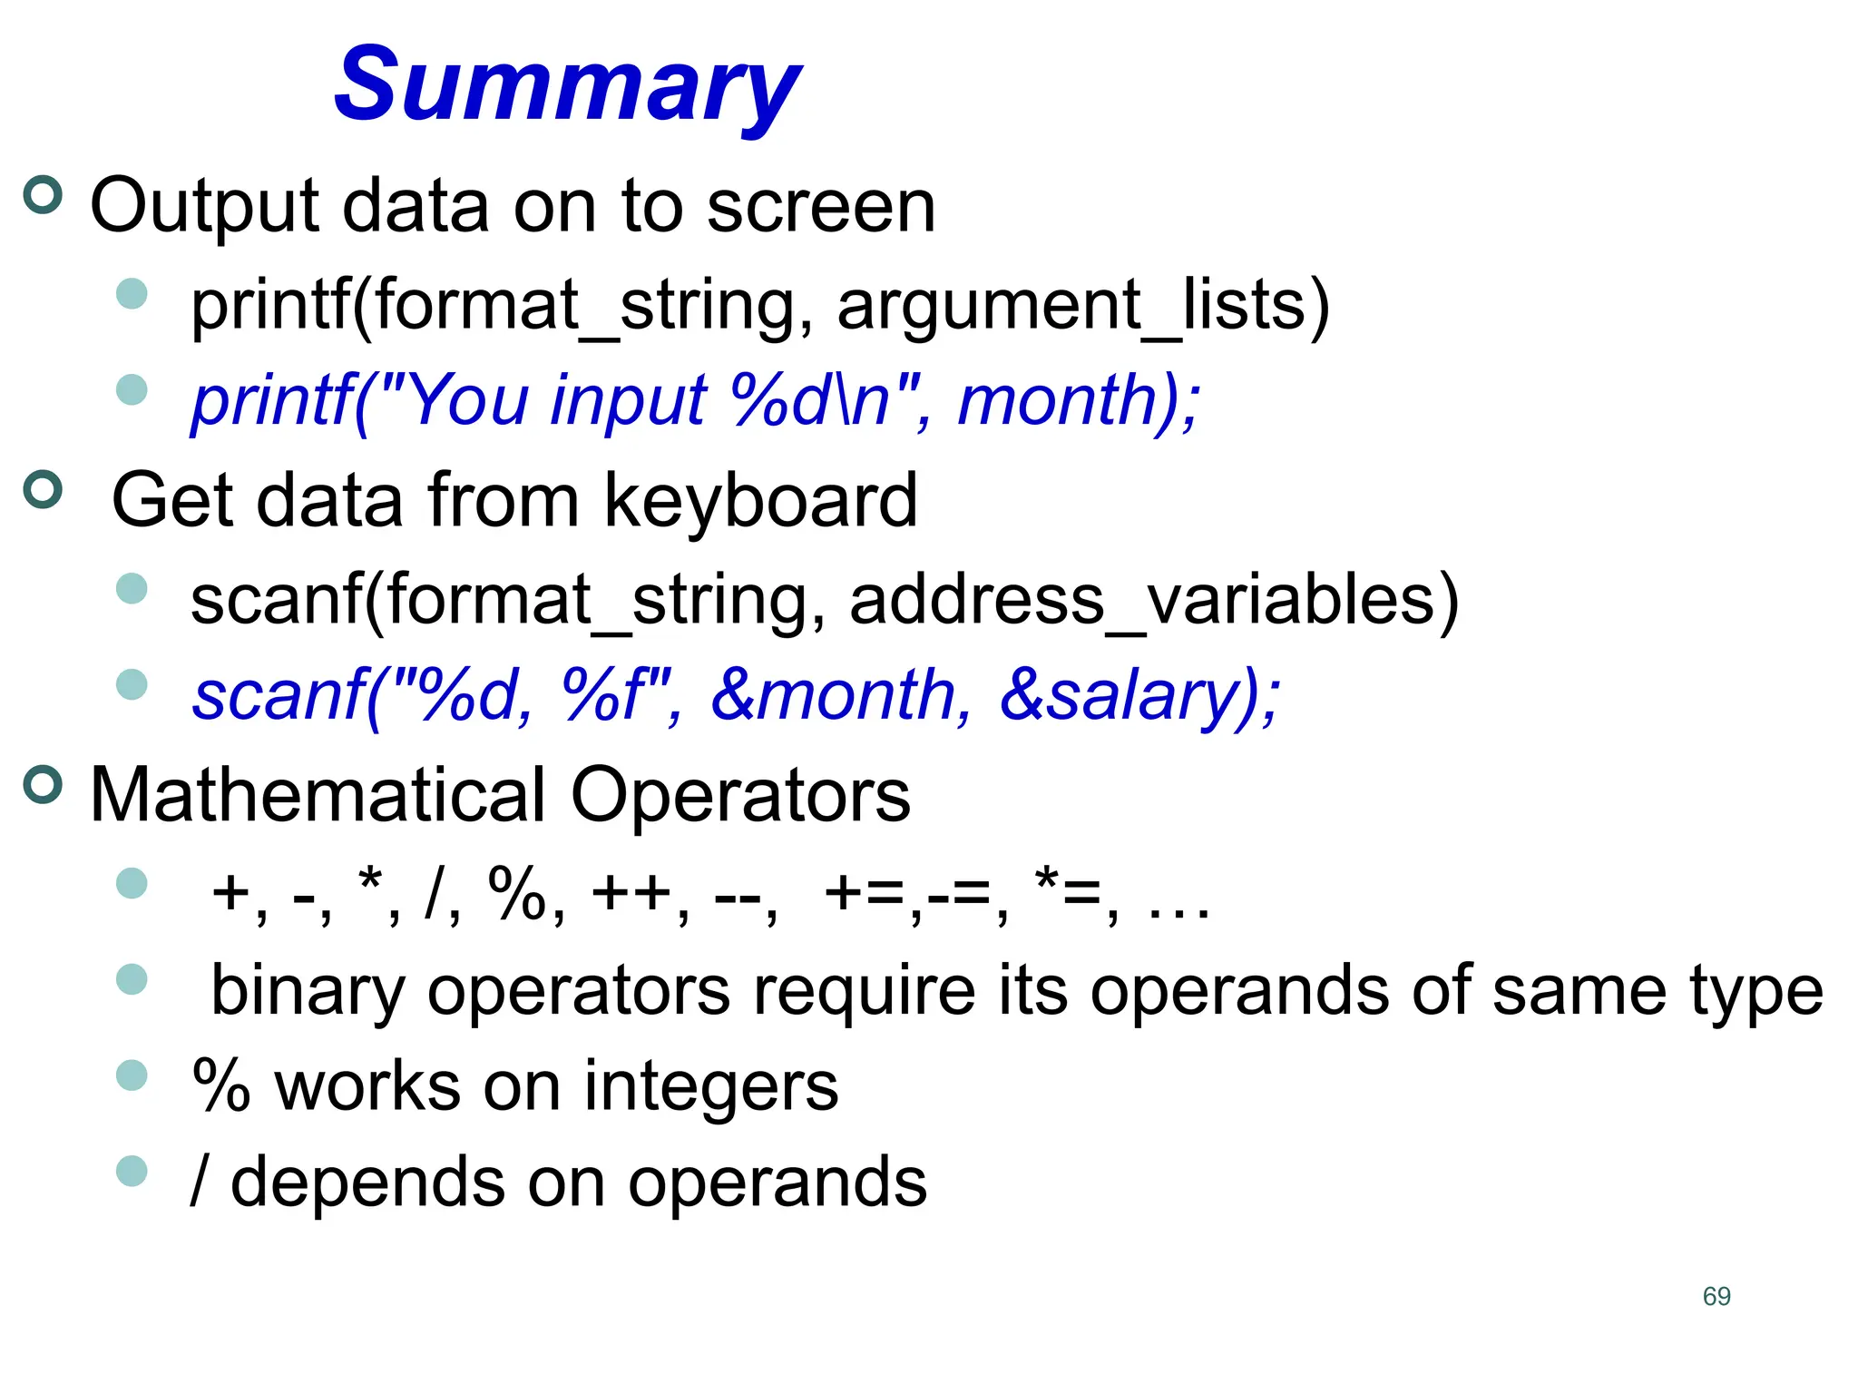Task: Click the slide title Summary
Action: (567, 86)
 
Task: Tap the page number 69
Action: (1716, 1296)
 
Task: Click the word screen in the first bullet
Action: (820, 207)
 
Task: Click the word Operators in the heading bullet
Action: (739, 796)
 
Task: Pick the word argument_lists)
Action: (1083, 306)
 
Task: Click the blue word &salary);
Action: (1139, 696)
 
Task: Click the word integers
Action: (710, 1086)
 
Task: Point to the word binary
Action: (308, 991)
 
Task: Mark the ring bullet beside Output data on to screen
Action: (43, 195)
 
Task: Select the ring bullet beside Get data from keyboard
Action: (43, 490)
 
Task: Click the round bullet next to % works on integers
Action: (132, 1075)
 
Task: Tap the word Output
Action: (205, 207)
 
